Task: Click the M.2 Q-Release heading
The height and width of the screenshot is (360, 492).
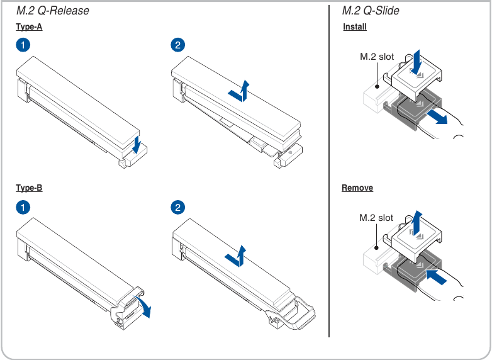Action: coord(53,11)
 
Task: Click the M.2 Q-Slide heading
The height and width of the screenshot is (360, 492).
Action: coord(371,11)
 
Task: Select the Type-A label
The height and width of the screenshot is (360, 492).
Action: coord(29,27)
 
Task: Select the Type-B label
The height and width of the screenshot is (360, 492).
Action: coord(29,188)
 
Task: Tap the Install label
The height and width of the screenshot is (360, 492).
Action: coord(355,27)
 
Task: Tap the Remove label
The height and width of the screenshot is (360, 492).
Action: coord(357,188)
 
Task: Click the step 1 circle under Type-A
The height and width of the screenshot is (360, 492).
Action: coord(23,45)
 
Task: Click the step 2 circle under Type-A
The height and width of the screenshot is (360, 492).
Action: coord(178,45)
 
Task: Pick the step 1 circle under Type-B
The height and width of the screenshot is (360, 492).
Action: coord(23,208)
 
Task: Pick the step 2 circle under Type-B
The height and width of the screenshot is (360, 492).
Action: coord(178,208)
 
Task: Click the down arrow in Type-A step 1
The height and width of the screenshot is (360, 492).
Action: coord(136,145)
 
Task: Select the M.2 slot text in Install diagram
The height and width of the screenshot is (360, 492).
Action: coord(377,57)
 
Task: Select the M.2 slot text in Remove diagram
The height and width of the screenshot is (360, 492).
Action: coord(376,218)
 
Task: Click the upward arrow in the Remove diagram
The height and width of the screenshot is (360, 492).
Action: coord(417,223)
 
